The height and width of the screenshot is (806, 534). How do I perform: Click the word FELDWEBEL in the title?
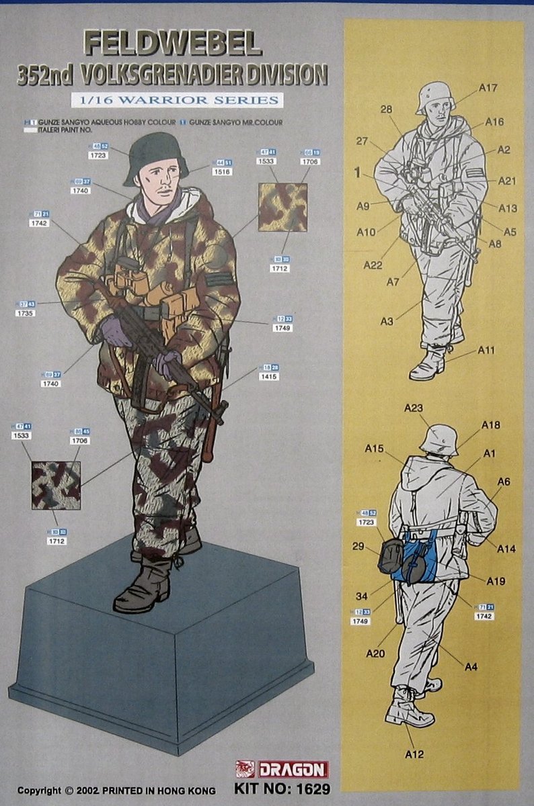[x=172, y=44]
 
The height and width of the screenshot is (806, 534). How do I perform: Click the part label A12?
[x=414, y=754]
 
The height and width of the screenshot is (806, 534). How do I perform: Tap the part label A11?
[x=487, y=350]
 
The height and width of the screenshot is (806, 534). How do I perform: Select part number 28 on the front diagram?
[x=386, y=109]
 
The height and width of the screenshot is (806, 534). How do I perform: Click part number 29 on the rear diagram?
[x=358, y=546]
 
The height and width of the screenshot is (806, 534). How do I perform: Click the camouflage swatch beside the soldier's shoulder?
[x=282, y=208]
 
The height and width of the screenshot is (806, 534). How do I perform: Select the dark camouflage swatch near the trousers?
[x=56, y=484]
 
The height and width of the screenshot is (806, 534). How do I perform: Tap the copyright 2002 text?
[x=116, y=791]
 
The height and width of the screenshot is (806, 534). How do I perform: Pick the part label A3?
[x=386, y=322]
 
